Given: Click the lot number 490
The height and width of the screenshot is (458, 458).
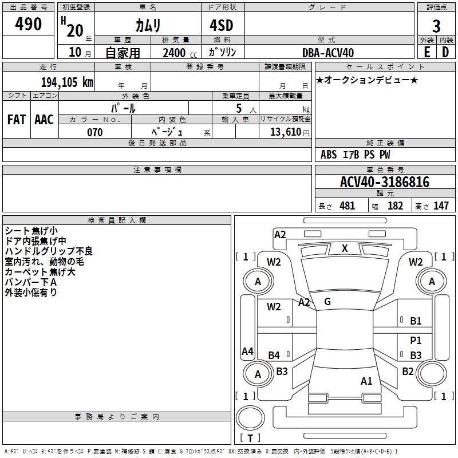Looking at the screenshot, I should [x=29, y=25].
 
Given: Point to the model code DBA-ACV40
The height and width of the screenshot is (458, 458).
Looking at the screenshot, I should [x=328, y=53].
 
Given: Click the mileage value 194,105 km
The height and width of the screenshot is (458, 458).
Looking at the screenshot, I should [x=67, y=82].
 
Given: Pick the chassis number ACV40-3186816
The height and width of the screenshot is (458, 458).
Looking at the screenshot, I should [x=385, y=182].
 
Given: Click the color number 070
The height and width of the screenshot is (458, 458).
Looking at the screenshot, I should [x=94, y=132].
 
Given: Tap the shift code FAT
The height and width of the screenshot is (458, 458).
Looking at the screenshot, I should [x=17, y=120].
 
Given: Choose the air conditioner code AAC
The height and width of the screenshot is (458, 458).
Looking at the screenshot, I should [x=44, y=120].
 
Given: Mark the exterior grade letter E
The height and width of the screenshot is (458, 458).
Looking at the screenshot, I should [x=427, y=52].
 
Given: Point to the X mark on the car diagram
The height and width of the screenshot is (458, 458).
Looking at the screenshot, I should [x=345, y=248].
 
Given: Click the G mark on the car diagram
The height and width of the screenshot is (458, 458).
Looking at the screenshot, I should [x=327, y=301].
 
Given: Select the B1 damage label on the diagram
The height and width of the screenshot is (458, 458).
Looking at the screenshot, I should [x=416, y=321].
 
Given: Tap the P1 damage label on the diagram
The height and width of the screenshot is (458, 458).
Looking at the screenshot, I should [x=416, y=340].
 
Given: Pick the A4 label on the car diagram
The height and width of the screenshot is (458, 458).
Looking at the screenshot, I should [x=247, y=352].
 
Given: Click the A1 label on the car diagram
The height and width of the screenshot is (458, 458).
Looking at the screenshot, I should [x=366, y=381].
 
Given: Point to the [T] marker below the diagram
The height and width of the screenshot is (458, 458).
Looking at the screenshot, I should [x=250, y=439].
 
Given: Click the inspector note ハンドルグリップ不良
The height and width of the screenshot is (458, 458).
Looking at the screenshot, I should [x=49, y=251].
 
